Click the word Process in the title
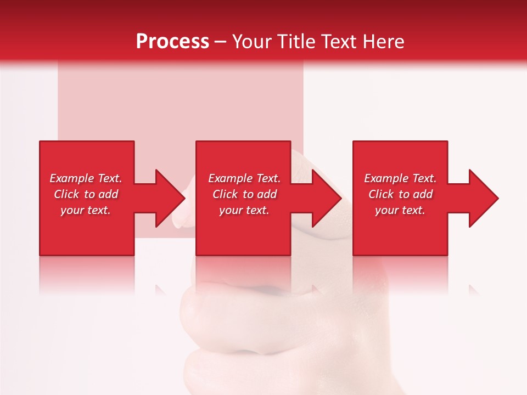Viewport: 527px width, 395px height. (x=172, y=42)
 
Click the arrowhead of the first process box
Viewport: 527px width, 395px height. (x=168, y=198)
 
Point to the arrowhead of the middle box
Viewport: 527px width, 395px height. (x=325, y=198)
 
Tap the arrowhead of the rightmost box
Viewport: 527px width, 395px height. (x=482, y=198)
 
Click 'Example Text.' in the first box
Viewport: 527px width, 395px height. (x=86, y=178)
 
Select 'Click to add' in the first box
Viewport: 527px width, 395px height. (x=86, y=194)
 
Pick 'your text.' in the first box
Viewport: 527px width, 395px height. (x=86, y=210)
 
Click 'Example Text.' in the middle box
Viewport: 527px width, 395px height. (x=244, y=178)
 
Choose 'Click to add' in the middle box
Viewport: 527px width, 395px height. (x=244, y=194)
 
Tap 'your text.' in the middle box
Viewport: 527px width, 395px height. (x=244, y=210)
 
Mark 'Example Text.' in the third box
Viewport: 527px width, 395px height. (x=400, y=178)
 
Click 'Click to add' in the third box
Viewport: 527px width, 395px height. (x=400, y=194)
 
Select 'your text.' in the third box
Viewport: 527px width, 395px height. (x=400, y=210)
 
